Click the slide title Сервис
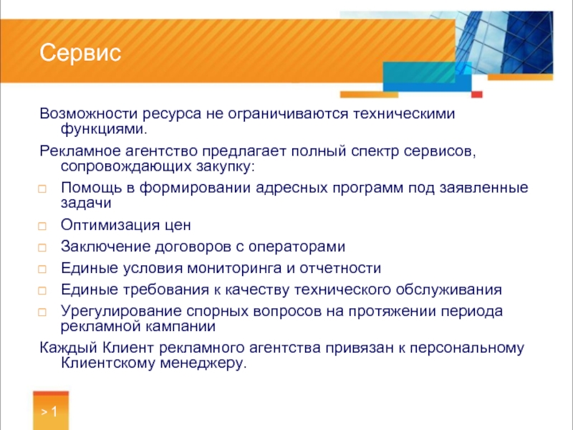pyautogui.click(x=80, y=52)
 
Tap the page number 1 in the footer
pyautogui.click(x=54, y=411)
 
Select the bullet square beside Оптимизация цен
pyautogui.click(x=42, y=226)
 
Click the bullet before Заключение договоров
pyautogui.click(x=42, y=247)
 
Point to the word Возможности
pyautogui.click(x=89, y=113)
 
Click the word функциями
pyautogui.click(x=104, y=129)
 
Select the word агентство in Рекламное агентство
pyautogui.click(x=162, y=151)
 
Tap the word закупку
pyautogui.click(x=225, y=166)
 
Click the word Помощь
pyautogui.click(x=92, y=188)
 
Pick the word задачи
pyautogui.click(x=86, y=204)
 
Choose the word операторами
pyautogui.click(x=297, y=247)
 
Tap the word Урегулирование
pyautogui.click(x=121, y=311)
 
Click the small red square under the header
pyautogui.click(x=477, y=95)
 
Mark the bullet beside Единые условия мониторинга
pyautogui.click(x=42, y=269)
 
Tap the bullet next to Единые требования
pyautogui.click(x=42, y=291)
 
